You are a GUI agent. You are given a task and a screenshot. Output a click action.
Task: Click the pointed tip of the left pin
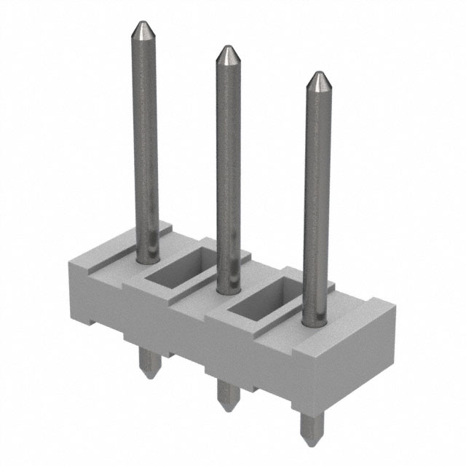click(141, 30)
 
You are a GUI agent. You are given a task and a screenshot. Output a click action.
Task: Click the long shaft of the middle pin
click(228, 167)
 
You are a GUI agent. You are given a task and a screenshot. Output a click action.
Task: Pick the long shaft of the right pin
click(315, 197)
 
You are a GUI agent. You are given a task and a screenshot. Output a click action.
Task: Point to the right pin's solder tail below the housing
click(310, 426)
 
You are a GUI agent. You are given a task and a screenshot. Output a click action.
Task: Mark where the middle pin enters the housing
click(229, 288)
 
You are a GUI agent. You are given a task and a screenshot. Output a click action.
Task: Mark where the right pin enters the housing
click(314, 320)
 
